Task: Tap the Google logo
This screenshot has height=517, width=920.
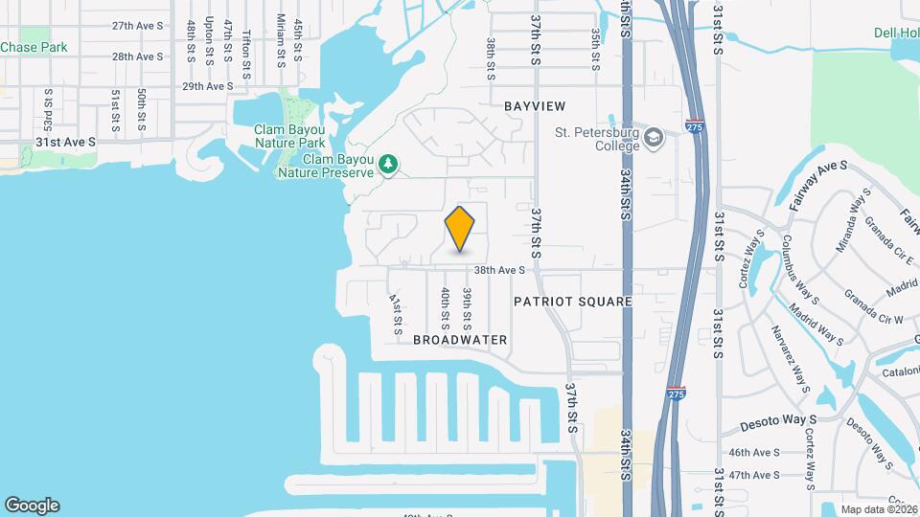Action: point(32,506)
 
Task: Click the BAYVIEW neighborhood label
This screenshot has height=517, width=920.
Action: point(535,106)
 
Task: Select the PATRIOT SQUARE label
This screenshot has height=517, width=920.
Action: point(572,302)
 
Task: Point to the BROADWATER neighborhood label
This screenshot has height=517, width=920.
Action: point(460,340)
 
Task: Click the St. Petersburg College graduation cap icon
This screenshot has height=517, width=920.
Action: point(655,136)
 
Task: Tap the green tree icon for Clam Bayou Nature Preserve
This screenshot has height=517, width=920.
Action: point(388,165)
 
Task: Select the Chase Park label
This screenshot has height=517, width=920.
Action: point(34,46)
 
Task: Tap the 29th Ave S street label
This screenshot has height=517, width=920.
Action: point(208,86)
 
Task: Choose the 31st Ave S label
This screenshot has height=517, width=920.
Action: point(66,142)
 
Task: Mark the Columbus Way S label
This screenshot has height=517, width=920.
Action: point(800,268)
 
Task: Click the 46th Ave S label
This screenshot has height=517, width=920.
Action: point(754,453)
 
